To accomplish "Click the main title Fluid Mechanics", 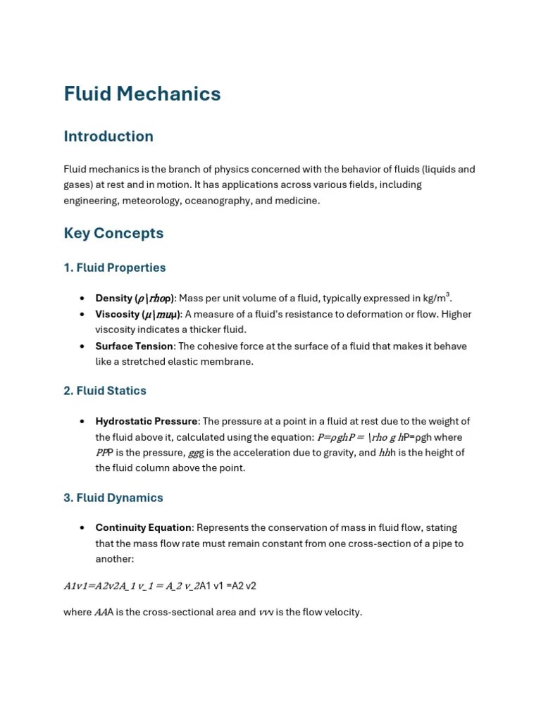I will [142, 94].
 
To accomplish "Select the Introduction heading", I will [108, 137].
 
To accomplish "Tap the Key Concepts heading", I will [113, 233].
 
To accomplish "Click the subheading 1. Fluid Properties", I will [115, 268].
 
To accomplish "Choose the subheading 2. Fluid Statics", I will [105, 391].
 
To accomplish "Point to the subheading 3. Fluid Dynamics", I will [113, 498].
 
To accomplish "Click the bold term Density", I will [114, 299].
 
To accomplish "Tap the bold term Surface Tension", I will [135, 346].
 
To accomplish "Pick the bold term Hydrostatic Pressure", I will [147, 421].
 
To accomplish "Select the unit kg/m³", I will [435, 298].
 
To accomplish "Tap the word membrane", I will [228, 361].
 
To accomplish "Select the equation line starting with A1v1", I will [160, 586].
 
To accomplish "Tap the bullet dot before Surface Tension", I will [82, 346].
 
